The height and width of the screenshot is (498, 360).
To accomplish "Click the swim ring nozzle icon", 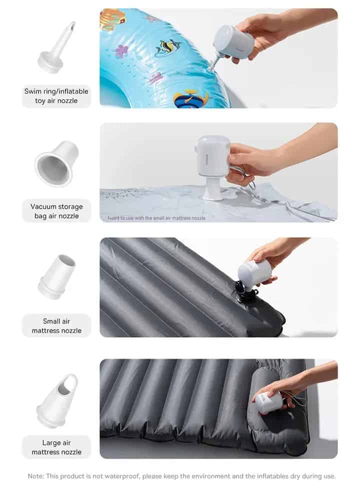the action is (57, 47).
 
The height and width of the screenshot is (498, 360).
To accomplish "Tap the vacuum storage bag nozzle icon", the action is (56, 163).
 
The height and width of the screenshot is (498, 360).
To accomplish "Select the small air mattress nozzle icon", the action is (57, 276).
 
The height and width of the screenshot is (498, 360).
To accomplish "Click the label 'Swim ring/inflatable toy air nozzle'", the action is (56, 96).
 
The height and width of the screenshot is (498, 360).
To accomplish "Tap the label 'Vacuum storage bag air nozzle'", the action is (56, 211).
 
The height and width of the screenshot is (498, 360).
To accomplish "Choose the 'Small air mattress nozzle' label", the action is (56, 326).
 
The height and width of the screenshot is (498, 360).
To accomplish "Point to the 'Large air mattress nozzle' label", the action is (56, 447).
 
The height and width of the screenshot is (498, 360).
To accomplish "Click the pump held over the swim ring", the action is (233, 43).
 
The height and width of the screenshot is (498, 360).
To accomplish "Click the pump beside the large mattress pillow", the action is (269, 402).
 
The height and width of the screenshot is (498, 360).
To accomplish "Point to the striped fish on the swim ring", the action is (167, 47).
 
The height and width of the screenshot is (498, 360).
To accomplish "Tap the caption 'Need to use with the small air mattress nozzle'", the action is (156, 218).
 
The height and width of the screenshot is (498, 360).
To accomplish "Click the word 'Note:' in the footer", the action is (35, 476).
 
